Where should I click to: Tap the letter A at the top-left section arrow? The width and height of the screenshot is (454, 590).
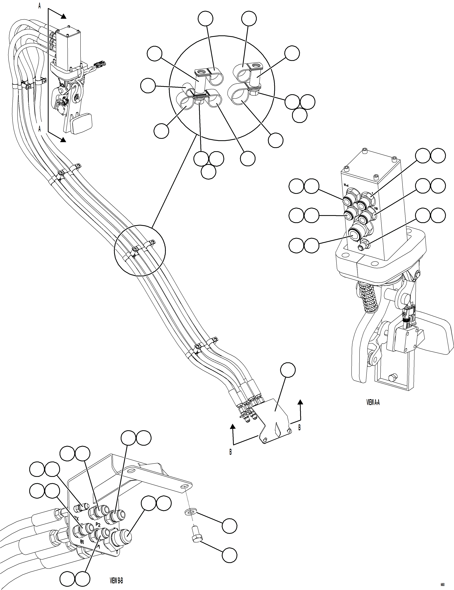[39, 6]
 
